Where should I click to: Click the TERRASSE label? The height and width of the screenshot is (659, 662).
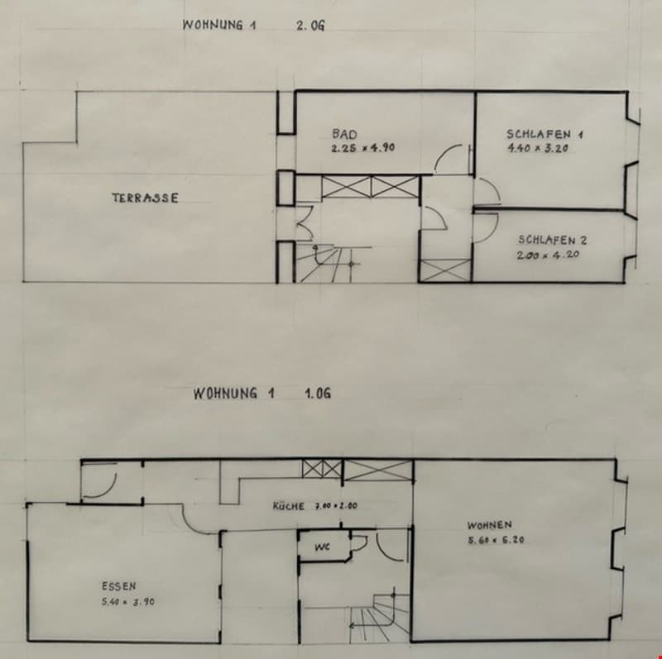click(x=146, y=198)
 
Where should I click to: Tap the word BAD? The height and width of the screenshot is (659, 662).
click(x=344, y=134)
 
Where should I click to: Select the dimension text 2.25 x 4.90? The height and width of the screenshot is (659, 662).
click(x=363, y=148)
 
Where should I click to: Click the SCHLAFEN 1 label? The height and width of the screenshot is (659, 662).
click(x=544, y=134)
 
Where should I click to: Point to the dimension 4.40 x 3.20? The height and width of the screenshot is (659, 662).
click(x=537, y=148)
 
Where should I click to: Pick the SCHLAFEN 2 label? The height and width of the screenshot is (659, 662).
click(x=552, y=240)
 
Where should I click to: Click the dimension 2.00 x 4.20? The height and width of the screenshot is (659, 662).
click(x=548, y=255)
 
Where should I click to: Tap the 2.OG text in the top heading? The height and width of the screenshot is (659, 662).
click(x=310, y=26)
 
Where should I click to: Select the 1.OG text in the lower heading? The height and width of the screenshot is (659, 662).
click(x=318, y=394)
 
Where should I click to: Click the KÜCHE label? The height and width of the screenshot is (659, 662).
click(x=288, y=506)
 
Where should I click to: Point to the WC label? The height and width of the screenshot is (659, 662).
click(x=322, y=547)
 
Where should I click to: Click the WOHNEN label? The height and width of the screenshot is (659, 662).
click(x=489, y=525)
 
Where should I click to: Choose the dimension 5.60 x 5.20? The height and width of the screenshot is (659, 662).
click(x=496, y=540)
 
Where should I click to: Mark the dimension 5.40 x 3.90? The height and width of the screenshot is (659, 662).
click(x=128, y=602)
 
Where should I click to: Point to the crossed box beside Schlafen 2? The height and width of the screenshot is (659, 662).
click(x=445, y=270)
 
